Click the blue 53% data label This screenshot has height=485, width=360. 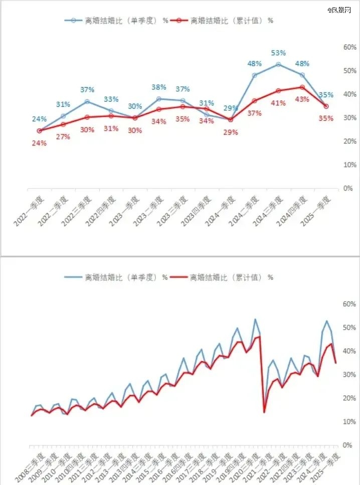[278, 53]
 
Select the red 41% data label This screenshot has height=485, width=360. [279, 103]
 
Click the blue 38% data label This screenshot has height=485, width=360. [159, 87]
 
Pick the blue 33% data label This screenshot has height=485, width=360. [111, 99]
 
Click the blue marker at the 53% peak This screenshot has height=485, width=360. [278, 64]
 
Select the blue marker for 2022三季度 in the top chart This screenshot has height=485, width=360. [87, 102]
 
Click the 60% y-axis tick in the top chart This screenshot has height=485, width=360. [335, 47]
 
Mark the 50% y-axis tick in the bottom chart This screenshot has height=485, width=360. [335, 328]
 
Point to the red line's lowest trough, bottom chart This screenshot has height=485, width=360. [264, 412]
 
